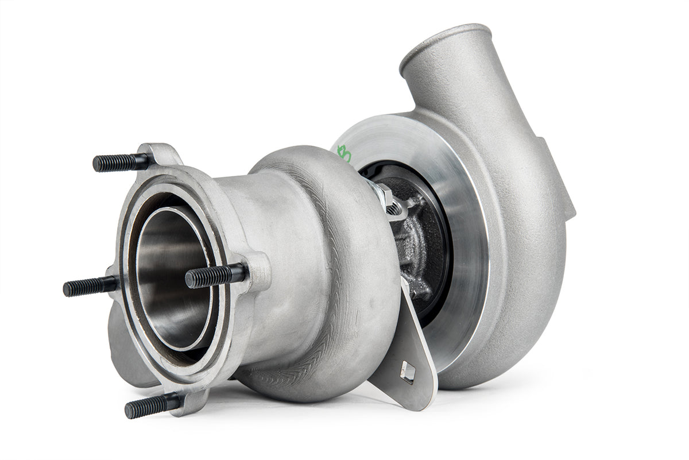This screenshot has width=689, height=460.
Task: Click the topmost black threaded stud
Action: (118, 163)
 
